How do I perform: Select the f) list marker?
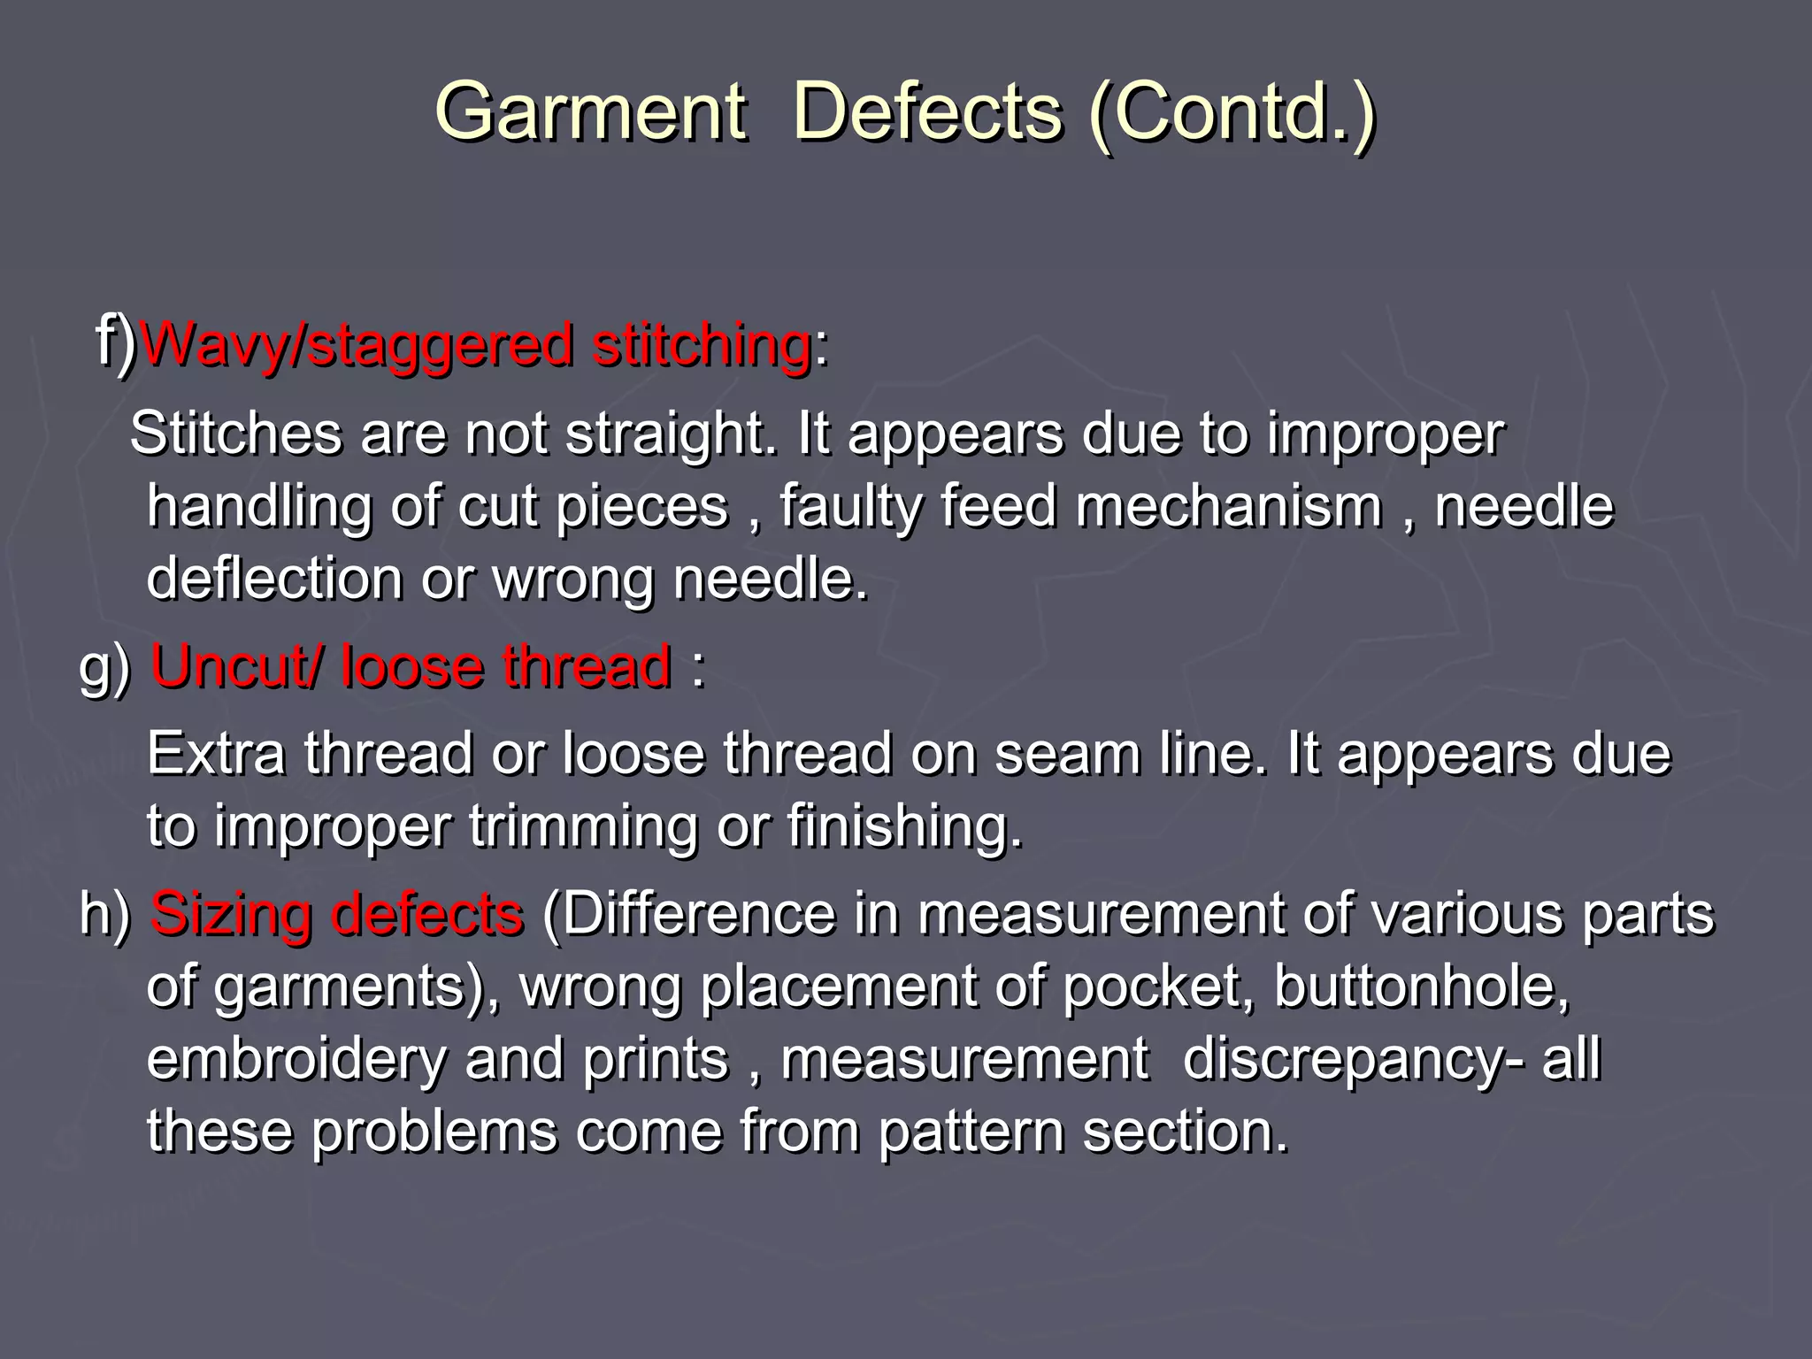coord(115,340)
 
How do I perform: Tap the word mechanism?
coord(1229,506)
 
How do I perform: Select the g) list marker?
coord(104,668)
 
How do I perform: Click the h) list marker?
coord(104,914)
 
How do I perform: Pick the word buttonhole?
coord(1421,986)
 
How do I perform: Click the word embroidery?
coord(296,1059)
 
